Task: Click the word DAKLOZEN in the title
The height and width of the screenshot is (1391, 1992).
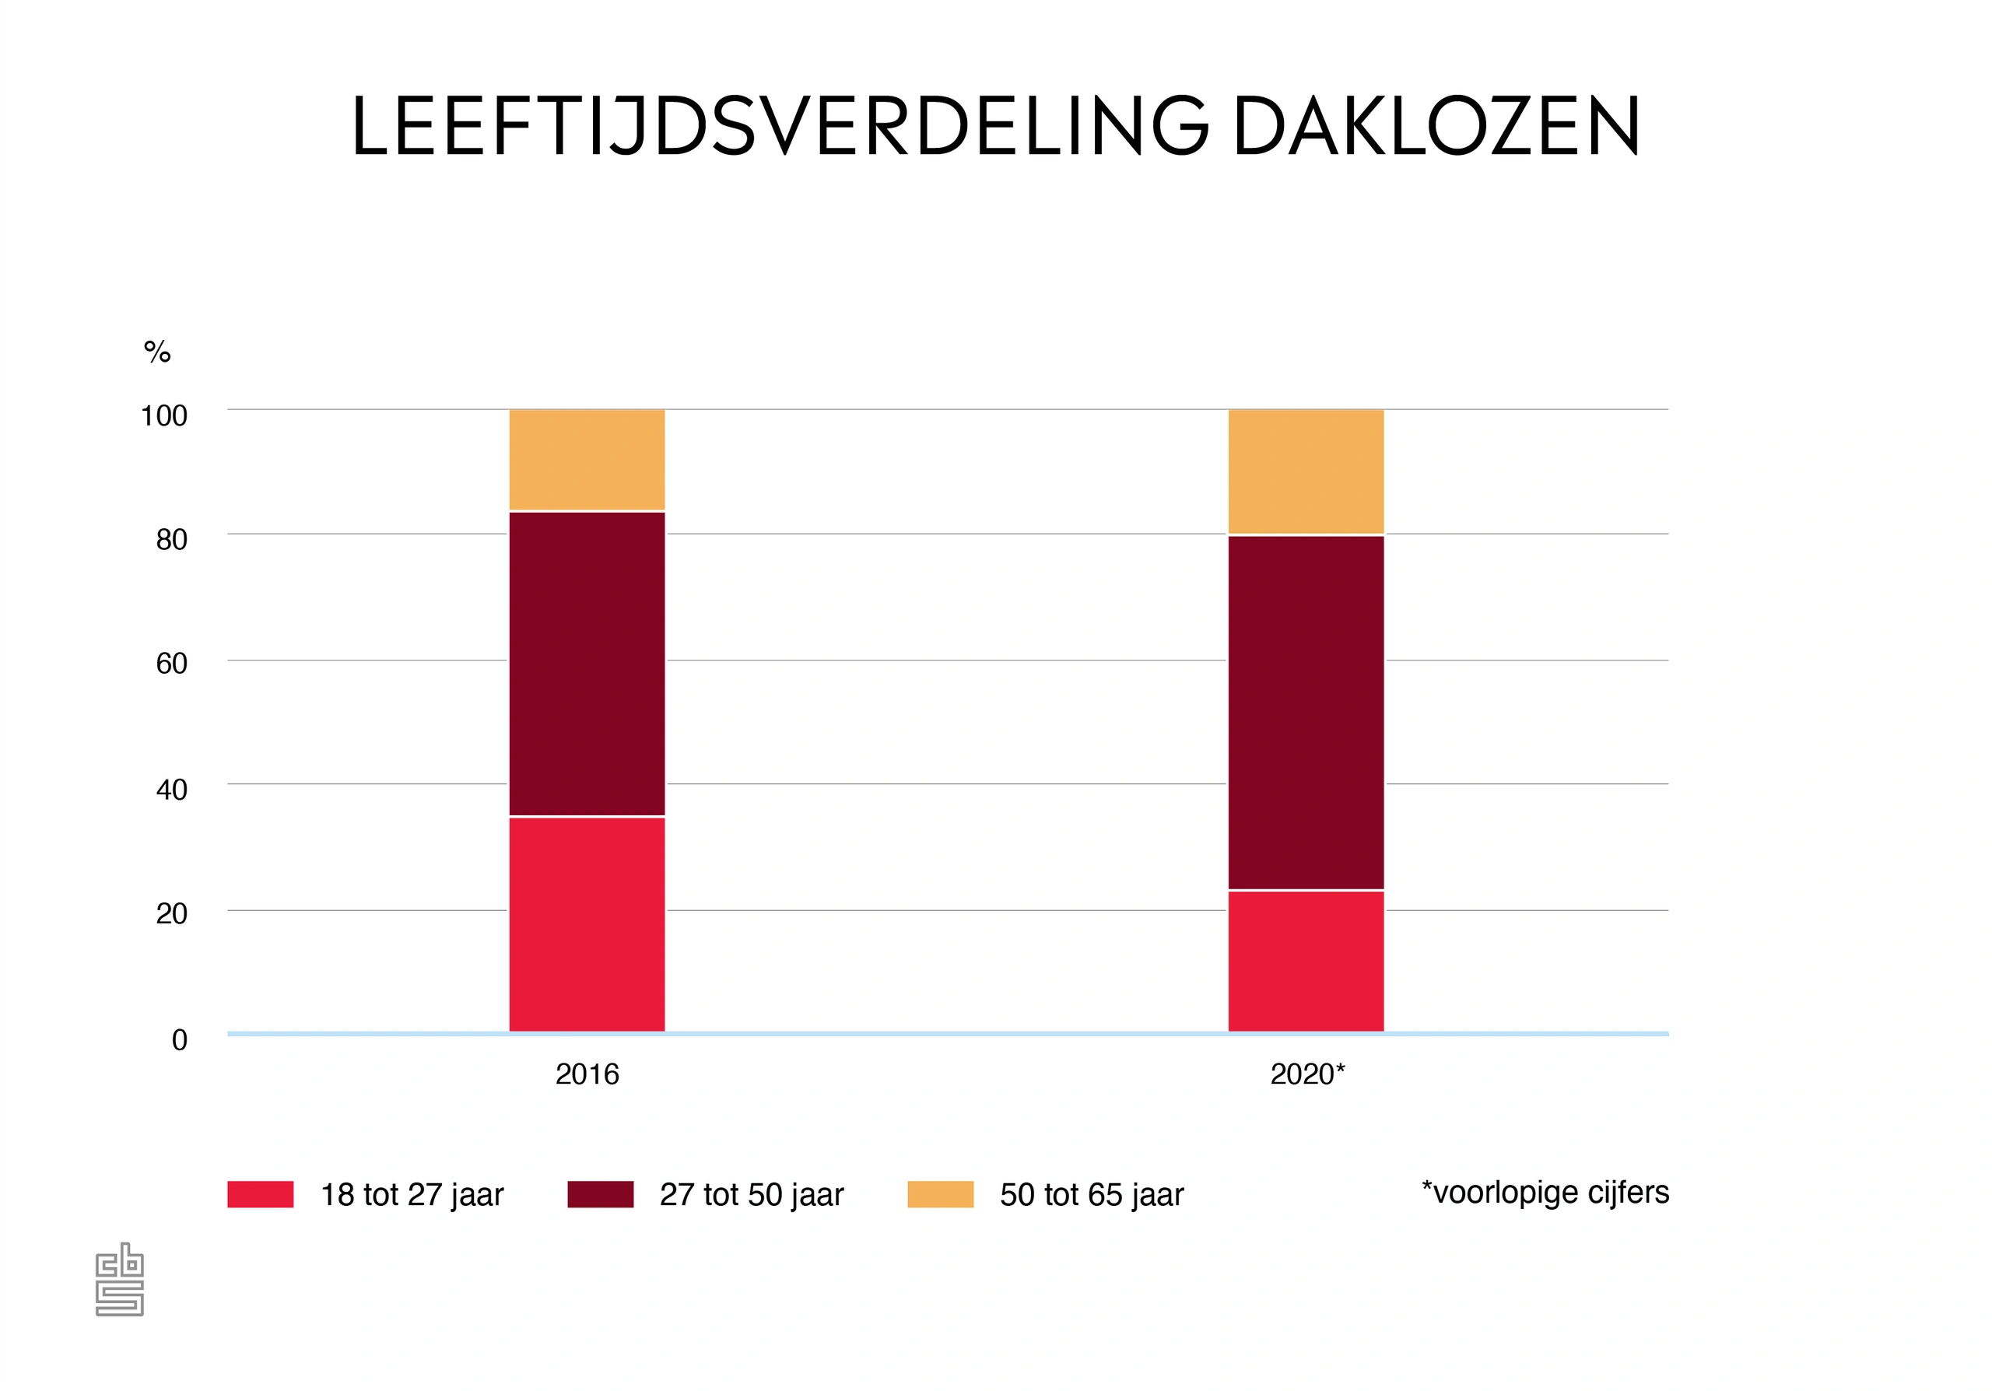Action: [x=1436, y=127]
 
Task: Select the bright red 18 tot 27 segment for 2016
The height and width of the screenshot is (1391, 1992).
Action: [x=587, y=924]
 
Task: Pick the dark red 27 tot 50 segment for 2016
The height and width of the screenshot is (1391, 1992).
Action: [x=587, y=664]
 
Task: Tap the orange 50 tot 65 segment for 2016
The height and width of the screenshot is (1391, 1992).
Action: [x=587, y=460]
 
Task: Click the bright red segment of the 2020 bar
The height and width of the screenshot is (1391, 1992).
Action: [x=1306, y=961]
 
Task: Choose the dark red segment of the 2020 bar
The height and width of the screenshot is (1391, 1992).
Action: [x=1306, y=712]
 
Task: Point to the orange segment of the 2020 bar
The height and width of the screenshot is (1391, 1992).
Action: [x=1306, y=471]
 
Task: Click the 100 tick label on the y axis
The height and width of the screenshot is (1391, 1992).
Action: [x=164, y=416]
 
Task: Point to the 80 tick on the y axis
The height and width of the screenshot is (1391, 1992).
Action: [x=172, y=540]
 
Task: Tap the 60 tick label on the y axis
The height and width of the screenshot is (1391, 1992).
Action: [x=172, y=664]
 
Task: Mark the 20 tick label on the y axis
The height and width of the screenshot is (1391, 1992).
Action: [x=172, y=914]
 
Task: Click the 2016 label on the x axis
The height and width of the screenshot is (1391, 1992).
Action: [x=587, y=1074]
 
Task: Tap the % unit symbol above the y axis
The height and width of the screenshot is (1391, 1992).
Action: [x=157, y=352]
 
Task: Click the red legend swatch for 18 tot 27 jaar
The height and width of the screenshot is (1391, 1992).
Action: [x=260, y=1194]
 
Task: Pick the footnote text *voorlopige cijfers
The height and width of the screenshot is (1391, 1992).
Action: [x=1545, y=1193]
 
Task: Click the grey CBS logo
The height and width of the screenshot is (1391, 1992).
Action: [x=120, y=1279]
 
